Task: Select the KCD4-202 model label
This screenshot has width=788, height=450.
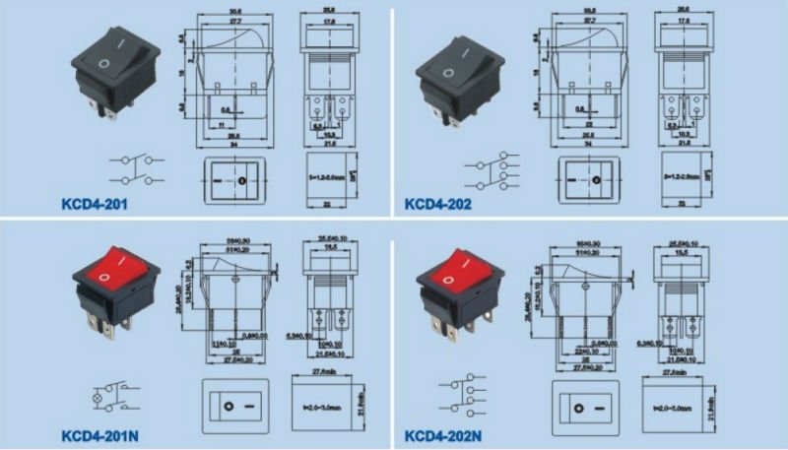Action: pyautogui.click(x=437, y=205)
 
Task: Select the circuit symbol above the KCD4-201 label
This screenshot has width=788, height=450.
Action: pyautogui.click(x=134, y=168)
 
